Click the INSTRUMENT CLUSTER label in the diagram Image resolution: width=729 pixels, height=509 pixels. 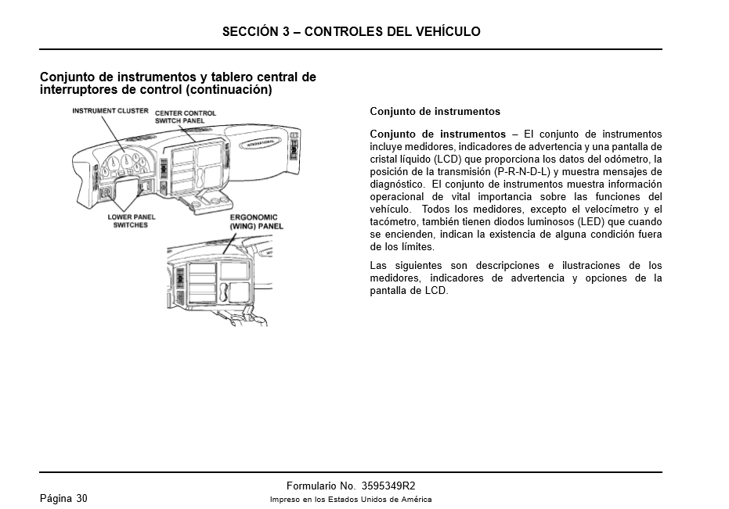tap(110, 111)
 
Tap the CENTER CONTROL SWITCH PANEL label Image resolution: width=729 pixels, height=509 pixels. tap(185, 117)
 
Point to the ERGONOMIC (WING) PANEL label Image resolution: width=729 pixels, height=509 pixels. tap(256, 221)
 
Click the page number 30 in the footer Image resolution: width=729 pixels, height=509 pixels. tap(81, 499)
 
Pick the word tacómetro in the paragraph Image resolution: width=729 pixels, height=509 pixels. tap(396, 222)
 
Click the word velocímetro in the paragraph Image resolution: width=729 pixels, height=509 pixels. tap(608, 210)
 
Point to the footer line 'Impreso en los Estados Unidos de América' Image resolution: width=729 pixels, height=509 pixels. tap(351, 500)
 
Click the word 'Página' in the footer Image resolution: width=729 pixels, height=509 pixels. tap(55, 499)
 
